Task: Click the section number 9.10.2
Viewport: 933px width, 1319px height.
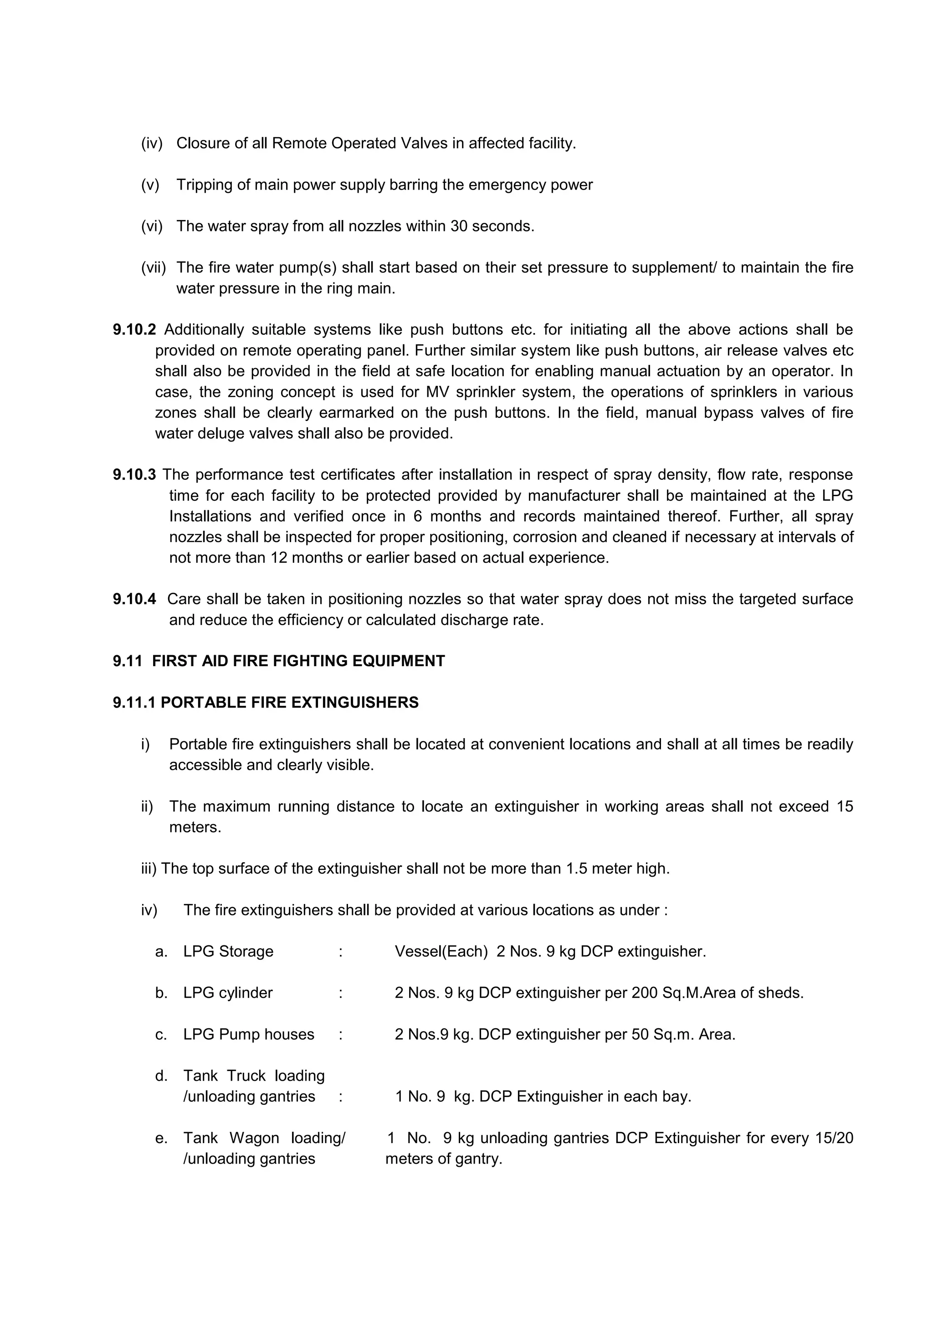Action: click(134, 330)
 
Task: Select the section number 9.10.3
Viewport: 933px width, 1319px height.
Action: click(134, 474)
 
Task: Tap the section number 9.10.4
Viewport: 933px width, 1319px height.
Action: click(134, 599)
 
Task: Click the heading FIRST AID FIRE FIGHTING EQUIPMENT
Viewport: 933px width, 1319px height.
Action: click(298, 661)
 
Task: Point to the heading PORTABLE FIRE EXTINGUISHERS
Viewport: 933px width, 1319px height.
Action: click(290, 703)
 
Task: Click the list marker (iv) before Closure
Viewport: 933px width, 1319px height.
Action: click(152, 143)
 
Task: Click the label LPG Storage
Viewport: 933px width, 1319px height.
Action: click(228, 952)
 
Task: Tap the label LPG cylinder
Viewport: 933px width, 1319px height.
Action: click(227, 993)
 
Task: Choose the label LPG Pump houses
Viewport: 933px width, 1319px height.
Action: click(248, 1035)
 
